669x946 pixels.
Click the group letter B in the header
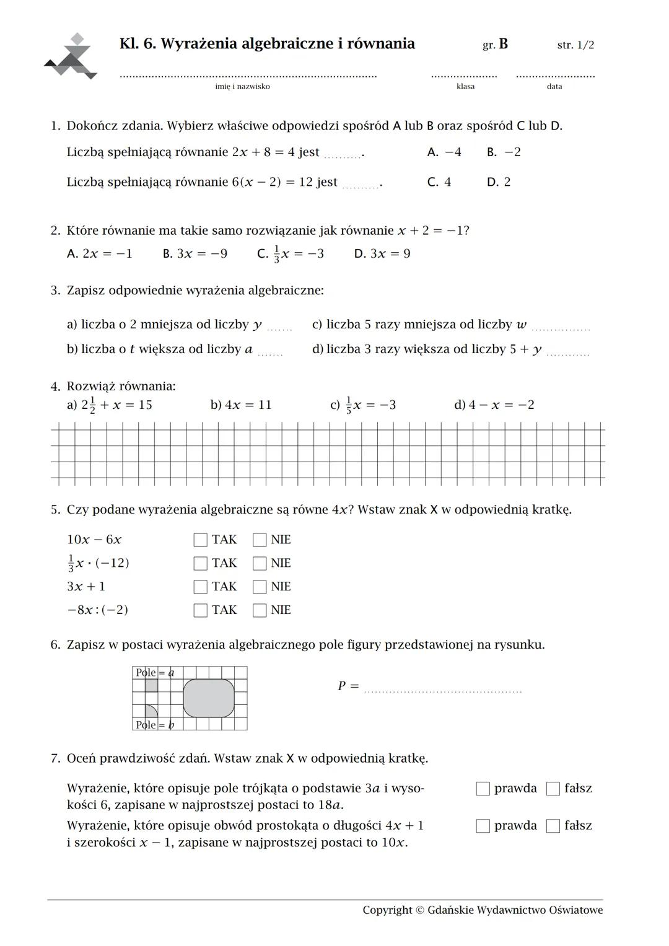click(x=503, y=44)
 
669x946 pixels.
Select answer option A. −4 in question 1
click(x=444, y=152)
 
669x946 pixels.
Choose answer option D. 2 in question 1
click(x=499, y=182)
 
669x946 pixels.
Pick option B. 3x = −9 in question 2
click(x=195, y=254)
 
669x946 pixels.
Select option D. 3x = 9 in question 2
click(x=382, y=254)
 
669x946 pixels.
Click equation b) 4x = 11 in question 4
click(x=241, y=405)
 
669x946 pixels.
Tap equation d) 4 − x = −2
click(x=494, y=405)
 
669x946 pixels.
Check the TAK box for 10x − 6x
click(x=200, y=540)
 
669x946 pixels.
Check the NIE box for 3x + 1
click(x=260, y=587)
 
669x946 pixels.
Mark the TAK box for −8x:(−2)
click(x=200, y=610)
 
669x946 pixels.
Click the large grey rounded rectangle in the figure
click(x=209, y=698)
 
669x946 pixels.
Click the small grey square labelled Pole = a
click(x=151, y=685)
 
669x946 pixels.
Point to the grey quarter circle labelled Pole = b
click(x=150, y=712)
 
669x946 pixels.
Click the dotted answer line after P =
click(x=443, y=690)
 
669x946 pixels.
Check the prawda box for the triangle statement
click(x=483, y=789)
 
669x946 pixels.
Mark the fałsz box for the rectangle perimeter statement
click(x=553, y=826)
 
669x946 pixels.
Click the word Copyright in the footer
click(x=387, y=910)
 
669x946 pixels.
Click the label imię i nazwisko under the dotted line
click(x=242, y=87)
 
